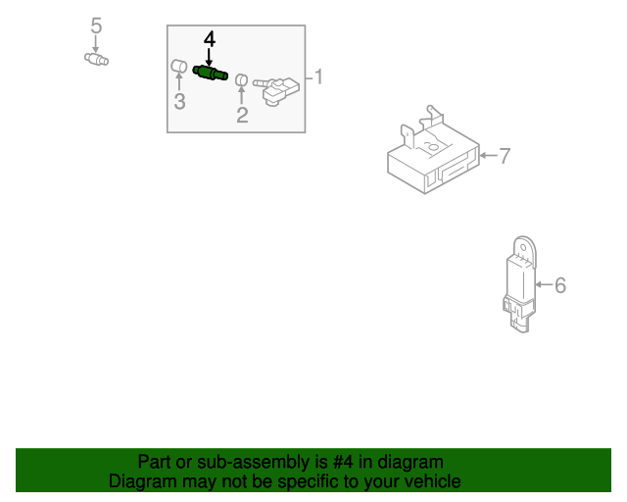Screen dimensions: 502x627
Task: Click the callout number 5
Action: (96, 25)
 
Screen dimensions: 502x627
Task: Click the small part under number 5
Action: (96, 60)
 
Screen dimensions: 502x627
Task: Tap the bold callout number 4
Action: (209, 39)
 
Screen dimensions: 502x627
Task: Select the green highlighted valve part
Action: (210, 74)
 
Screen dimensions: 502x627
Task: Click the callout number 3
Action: (179, 102)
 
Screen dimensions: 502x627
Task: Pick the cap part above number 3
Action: (179, 67)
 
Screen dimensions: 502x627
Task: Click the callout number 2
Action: (242, 116)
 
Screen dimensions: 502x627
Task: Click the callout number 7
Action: (506, 155)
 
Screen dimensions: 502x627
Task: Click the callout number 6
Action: (560, 285)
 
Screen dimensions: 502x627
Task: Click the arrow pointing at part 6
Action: (544, 285)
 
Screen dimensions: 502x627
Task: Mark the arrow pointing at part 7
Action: (489, 155)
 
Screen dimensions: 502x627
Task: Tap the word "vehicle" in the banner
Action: (430, 481)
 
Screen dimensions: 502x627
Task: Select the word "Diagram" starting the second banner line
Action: (142, 481)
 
